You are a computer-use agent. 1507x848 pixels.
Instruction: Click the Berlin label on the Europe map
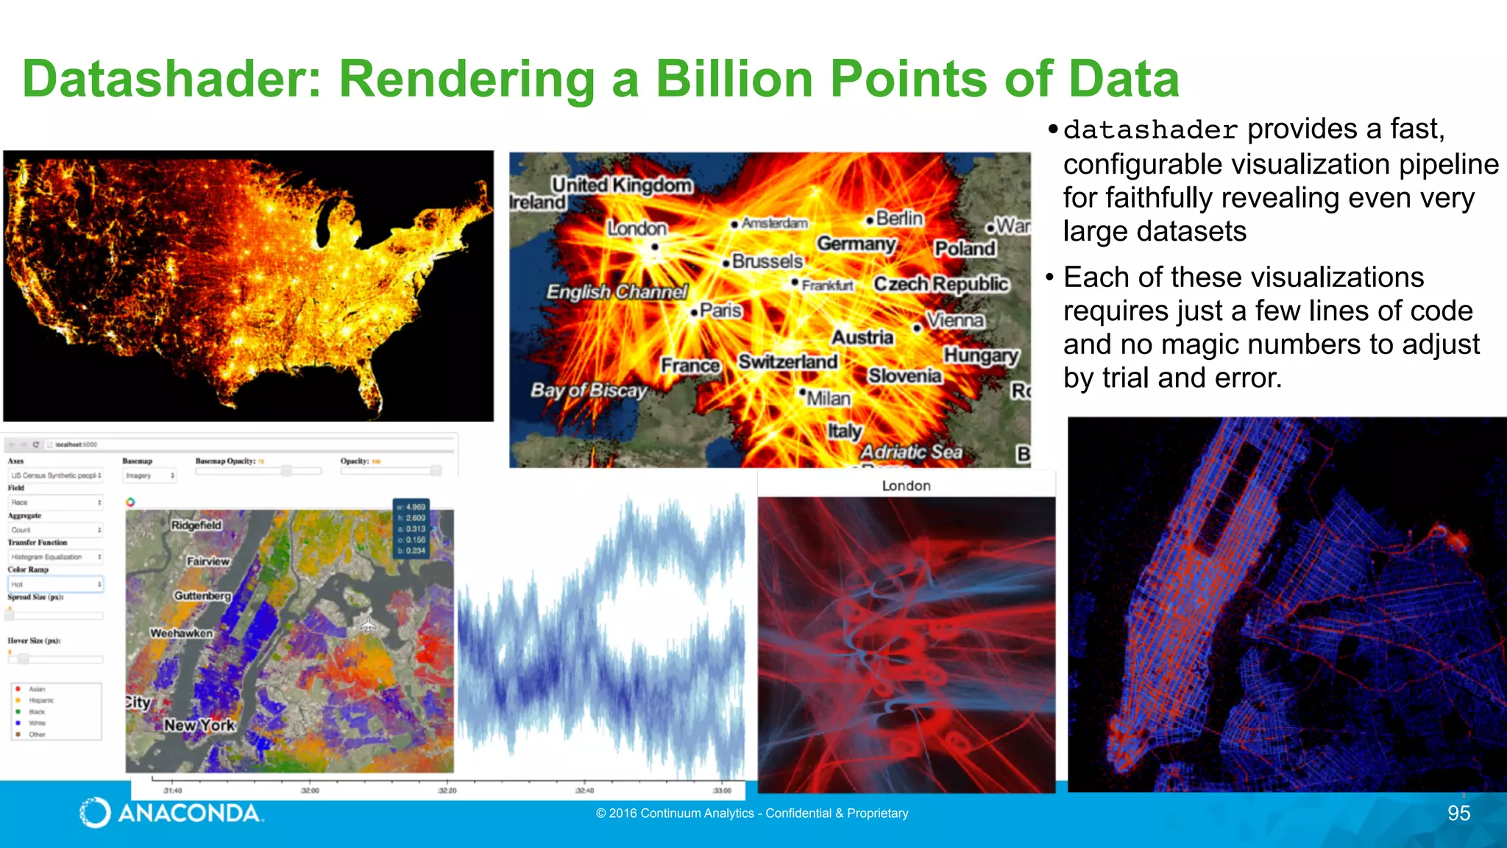(898, 219)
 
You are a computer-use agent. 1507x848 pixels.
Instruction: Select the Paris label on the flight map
(720, 311)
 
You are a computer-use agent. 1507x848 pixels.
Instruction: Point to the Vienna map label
(954, 320)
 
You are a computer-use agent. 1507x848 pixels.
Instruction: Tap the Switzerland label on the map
(787, 362)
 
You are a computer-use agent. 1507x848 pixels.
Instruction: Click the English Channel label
(617, 292)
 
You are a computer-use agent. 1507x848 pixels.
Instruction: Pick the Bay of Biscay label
(589, 390)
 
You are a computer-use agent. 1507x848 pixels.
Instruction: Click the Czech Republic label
(940, 284)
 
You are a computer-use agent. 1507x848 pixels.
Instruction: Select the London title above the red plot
(906, 486)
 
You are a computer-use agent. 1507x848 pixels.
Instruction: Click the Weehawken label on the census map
(181, 633)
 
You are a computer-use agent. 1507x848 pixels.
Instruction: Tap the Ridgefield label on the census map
(196, 525)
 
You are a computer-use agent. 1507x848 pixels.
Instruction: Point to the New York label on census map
(199, 725)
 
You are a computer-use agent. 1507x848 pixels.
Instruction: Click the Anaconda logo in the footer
(171, 813)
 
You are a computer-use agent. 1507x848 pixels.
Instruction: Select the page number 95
(1458, 813)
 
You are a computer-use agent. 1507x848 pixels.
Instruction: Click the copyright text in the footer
(752, 813)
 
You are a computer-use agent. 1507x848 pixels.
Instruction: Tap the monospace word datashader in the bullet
(1150, 130)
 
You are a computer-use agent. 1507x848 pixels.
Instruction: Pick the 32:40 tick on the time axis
(584, 791)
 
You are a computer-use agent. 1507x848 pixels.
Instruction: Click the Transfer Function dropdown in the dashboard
(55, 557)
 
